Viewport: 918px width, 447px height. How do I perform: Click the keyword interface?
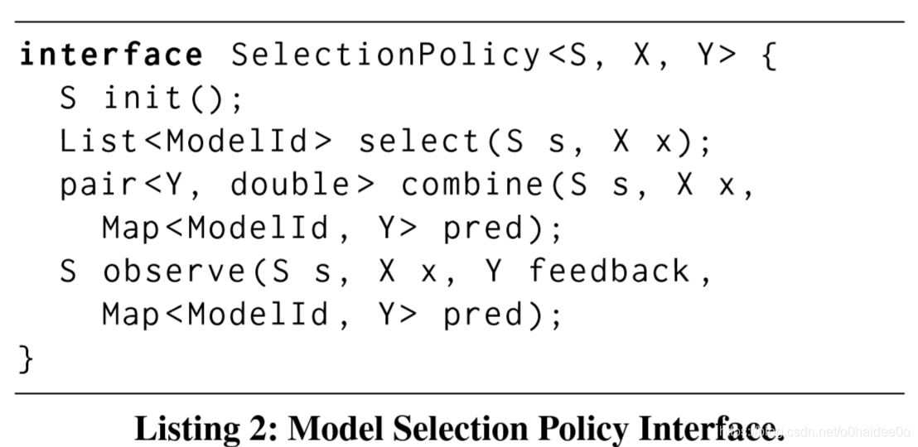coord(111,55)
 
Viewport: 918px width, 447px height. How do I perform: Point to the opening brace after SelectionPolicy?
coord(769,55)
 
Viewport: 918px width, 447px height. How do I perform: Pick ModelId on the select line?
coord(240,142)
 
